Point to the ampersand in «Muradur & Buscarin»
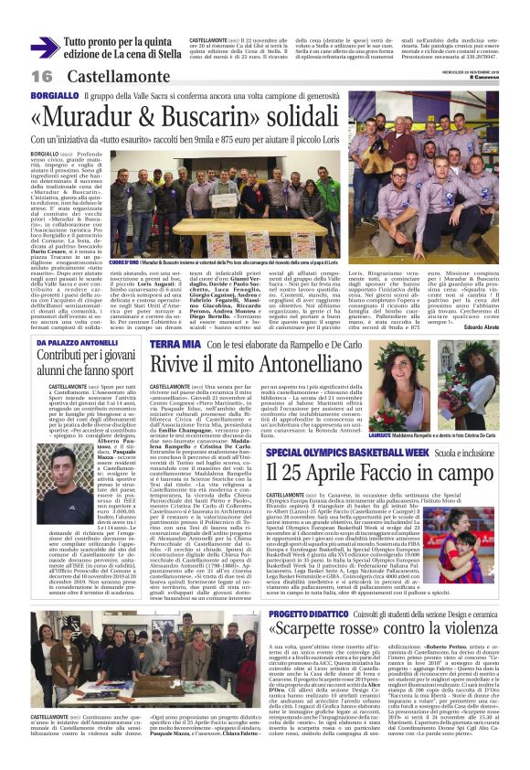[x=158, y=118]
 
